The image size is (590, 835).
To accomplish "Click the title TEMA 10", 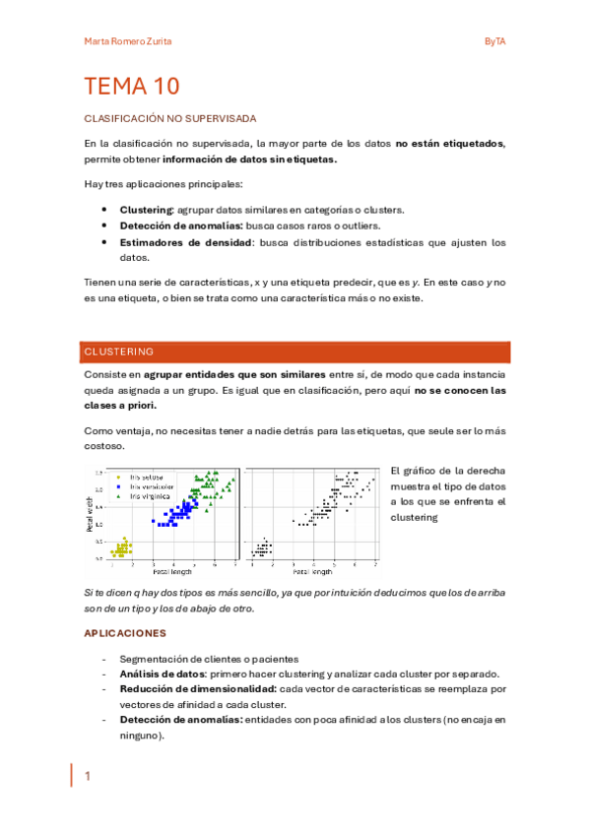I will coord(132,87).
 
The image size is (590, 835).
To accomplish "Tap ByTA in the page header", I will coord(494,40).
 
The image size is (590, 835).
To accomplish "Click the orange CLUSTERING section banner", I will coord(294,352).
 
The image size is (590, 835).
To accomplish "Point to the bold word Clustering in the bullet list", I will coord(146,210).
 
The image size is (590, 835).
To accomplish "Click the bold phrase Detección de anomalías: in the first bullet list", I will coord(181,225).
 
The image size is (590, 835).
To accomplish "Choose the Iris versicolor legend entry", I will coord(150,485).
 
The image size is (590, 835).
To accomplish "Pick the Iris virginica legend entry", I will coord(148,495).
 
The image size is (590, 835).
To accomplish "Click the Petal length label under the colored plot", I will coord(172,571).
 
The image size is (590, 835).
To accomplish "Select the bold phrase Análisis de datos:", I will coord(163,674).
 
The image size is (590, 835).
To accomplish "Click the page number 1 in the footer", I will coord(87,777).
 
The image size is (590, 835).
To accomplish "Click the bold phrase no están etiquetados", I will coord(449,144).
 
